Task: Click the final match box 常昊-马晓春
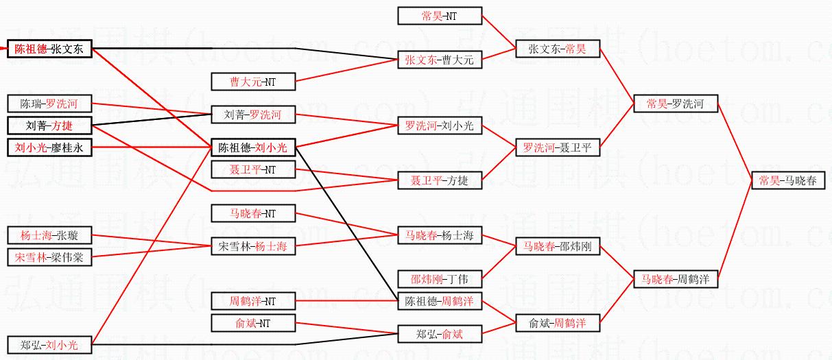[787, 180]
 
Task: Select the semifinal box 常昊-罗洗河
[676, 104]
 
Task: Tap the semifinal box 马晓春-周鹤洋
[676, 279]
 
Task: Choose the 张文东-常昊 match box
[557, 49]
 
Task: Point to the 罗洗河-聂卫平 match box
[557, 147]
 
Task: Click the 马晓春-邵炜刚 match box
[557, 246]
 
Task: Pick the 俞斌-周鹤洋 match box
[557, 323]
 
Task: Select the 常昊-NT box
[439, 16]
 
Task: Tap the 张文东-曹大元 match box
[439, 60]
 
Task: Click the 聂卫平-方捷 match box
[439, 180]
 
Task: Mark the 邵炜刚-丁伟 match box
[439, 279]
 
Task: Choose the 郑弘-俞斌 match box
[439, 334]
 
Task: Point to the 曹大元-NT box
[253, 82]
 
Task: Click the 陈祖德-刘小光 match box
[253, 147]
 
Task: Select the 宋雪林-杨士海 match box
[253, 246]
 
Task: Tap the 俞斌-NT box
[253, 323]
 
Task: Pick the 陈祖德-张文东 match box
[49, 49]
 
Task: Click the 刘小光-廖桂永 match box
[49, 147]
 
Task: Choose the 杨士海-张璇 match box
[49, 235]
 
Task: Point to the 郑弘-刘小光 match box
[49, 345]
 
